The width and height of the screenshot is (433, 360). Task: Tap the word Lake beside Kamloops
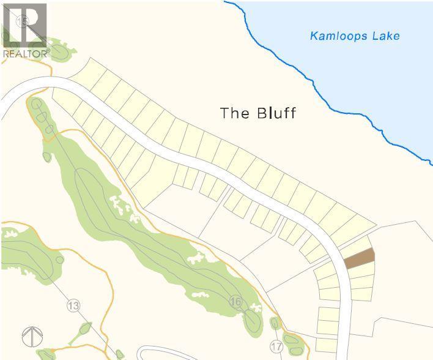[x=385, y=36]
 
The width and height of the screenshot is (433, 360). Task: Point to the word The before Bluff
[x=233, y=113]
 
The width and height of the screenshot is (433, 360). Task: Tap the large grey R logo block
[x=24, y=24]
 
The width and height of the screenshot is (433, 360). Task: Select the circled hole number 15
[x=24, y=22]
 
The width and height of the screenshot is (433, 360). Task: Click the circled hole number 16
[x=236, y=301]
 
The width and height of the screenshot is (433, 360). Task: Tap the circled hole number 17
[x=276, y=347]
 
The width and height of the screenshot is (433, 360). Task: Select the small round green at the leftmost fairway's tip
[x=60, y=259]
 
